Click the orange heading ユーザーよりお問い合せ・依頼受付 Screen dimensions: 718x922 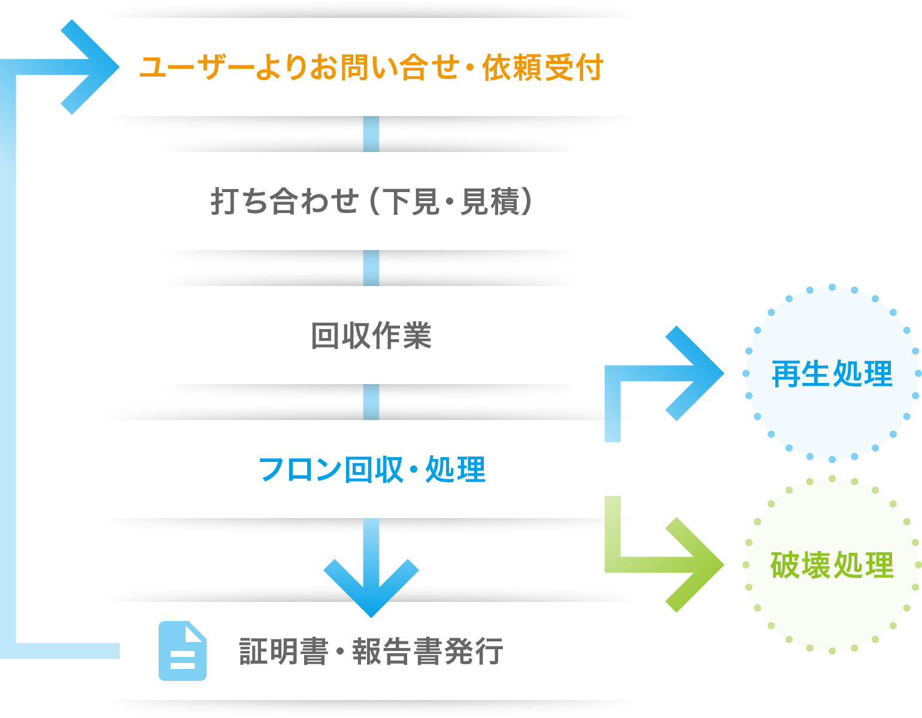click(x=371, y=67)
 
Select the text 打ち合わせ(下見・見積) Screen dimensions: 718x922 click(x=371, y=201)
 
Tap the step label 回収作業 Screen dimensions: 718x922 click(x=371, y=335)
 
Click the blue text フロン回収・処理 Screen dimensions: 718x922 click(x=371, y=470)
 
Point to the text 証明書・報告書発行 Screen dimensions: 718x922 click(x=371, y=651)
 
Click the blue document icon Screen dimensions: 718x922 click(x=183, y=651)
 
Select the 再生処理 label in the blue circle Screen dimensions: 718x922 click(x=832, y=374)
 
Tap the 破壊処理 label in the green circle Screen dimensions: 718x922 click(x=832, y=565)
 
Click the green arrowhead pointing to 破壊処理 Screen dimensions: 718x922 click(x=697, y=565)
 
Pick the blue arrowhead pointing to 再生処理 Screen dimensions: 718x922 click(x=697, y=373)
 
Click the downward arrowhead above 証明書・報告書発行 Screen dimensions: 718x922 click(x=371, y=589)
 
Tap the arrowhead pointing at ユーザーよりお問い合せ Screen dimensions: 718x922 click(x=93, y=66)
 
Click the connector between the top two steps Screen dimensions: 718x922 click(x=371, y=134)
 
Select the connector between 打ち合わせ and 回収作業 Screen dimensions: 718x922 click(x=371, y=268)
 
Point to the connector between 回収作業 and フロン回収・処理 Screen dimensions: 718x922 click(x=371, y=402)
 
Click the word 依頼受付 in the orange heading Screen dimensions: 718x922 click(x=542, y=67)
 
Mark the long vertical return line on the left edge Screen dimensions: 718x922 click(x=8, y=359)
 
